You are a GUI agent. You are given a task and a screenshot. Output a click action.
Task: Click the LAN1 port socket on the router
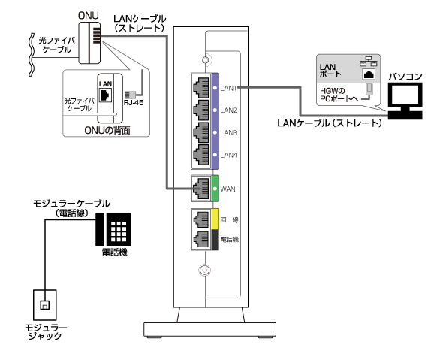coord(201,87)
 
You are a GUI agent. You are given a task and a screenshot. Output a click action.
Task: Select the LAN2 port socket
coord(201,110)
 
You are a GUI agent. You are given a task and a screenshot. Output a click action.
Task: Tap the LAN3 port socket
coord(201,132)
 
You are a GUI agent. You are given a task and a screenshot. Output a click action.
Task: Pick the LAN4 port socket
coord(201,155)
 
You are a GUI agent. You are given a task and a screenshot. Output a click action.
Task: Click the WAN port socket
coord(201,189)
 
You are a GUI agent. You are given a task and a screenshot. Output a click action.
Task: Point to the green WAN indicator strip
coord(215,189)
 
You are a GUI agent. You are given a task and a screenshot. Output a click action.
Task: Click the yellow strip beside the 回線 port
coord(215,219)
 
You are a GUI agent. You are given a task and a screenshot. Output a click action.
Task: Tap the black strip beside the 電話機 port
coord(215,240)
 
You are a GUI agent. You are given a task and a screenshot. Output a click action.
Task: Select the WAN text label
coord(228,189)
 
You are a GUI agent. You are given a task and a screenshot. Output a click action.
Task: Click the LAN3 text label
coord(228,133)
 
